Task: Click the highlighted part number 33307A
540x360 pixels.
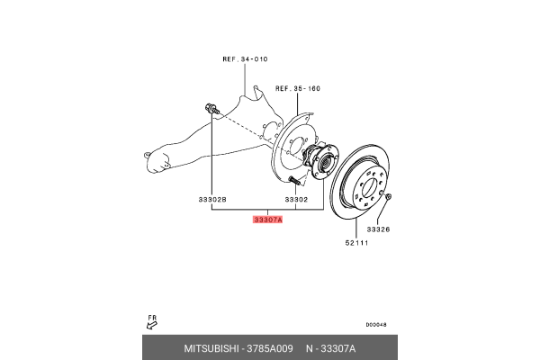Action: (x=268, y=219)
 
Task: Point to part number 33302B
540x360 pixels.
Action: (x=212, y=199)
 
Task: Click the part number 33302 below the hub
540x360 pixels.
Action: (x=297, y=199)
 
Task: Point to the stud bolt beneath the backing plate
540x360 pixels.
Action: (x=295, y=181)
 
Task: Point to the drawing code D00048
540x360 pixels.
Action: (x=378, y=325)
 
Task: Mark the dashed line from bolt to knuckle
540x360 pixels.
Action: (x=240, y=125)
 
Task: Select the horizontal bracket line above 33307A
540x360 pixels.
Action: (x=267, y=208)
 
